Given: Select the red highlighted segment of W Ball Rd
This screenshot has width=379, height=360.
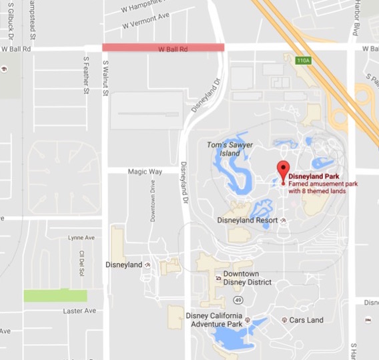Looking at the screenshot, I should (x=163, y=47).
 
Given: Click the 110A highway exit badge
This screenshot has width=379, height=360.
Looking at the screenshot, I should (x=304, y=61).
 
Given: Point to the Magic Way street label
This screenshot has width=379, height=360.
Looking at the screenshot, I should (x=145, y=172).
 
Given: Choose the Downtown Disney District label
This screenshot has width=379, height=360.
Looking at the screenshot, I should (x=246, y=278).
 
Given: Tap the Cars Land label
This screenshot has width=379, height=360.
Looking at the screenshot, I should (x=306, y=320).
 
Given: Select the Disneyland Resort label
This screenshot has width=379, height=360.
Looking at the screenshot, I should (x=247, y=220).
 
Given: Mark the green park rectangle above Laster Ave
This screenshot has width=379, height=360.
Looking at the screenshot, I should (x=55, y=295).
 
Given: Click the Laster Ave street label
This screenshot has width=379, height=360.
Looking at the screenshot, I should (x=79, y=311).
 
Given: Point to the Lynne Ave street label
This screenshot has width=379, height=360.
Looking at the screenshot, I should (x=81, y=237).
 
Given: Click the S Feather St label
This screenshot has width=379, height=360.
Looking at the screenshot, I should (x=86, y=75).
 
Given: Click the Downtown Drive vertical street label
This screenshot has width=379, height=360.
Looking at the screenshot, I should (x=152, y=201).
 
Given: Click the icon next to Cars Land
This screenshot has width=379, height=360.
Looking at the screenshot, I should (x=285, y=320).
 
